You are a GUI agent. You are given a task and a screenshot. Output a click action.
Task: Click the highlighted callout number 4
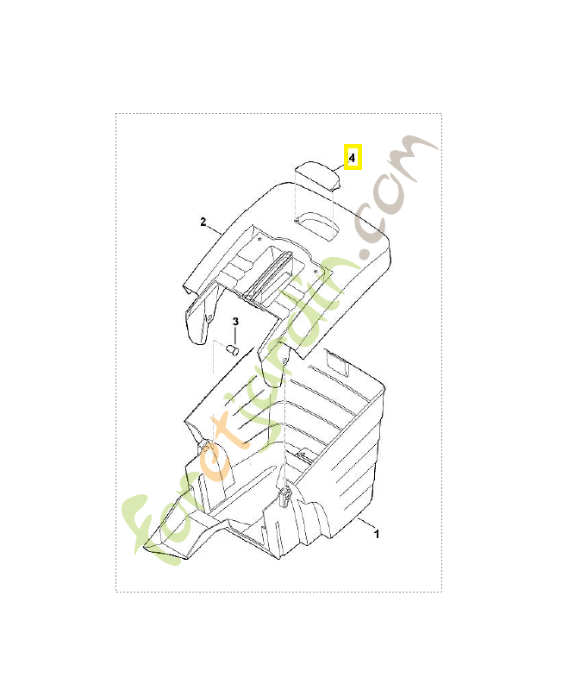352,157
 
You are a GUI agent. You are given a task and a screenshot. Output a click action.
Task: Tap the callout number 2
203,222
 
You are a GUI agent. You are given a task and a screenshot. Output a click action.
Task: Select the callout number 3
235,322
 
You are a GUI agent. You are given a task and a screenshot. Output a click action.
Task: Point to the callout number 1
377,534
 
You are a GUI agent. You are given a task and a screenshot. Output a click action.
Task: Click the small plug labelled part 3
232,350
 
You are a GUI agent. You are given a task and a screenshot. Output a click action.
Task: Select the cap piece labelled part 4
317,175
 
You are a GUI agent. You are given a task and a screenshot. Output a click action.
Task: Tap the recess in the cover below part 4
317,224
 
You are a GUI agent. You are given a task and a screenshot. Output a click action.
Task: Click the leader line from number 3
235,336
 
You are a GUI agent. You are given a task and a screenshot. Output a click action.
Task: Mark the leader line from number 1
365,523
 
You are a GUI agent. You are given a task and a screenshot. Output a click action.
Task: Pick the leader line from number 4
340,167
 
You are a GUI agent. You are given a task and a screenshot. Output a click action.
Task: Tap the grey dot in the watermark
365,254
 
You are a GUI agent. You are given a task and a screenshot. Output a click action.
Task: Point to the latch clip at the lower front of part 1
286,498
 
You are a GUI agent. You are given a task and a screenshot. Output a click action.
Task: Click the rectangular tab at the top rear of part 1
338,363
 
